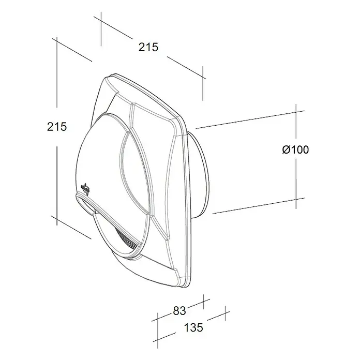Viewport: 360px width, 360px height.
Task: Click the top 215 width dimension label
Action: [148, 47]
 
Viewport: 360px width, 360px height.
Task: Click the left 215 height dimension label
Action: [57, 127]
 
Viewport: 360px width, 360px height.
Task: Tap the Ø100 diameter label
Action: [295, 149]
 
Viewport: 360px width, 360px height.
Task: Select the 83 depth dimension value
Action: [179, 311]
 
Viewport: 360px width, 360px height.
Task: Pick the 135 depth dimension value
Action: [193, 327]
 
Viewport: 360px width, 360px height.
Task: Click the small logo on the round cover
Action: [84, 189]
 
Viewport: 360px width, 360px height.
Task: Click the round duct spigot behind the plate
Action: [200, 174]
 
